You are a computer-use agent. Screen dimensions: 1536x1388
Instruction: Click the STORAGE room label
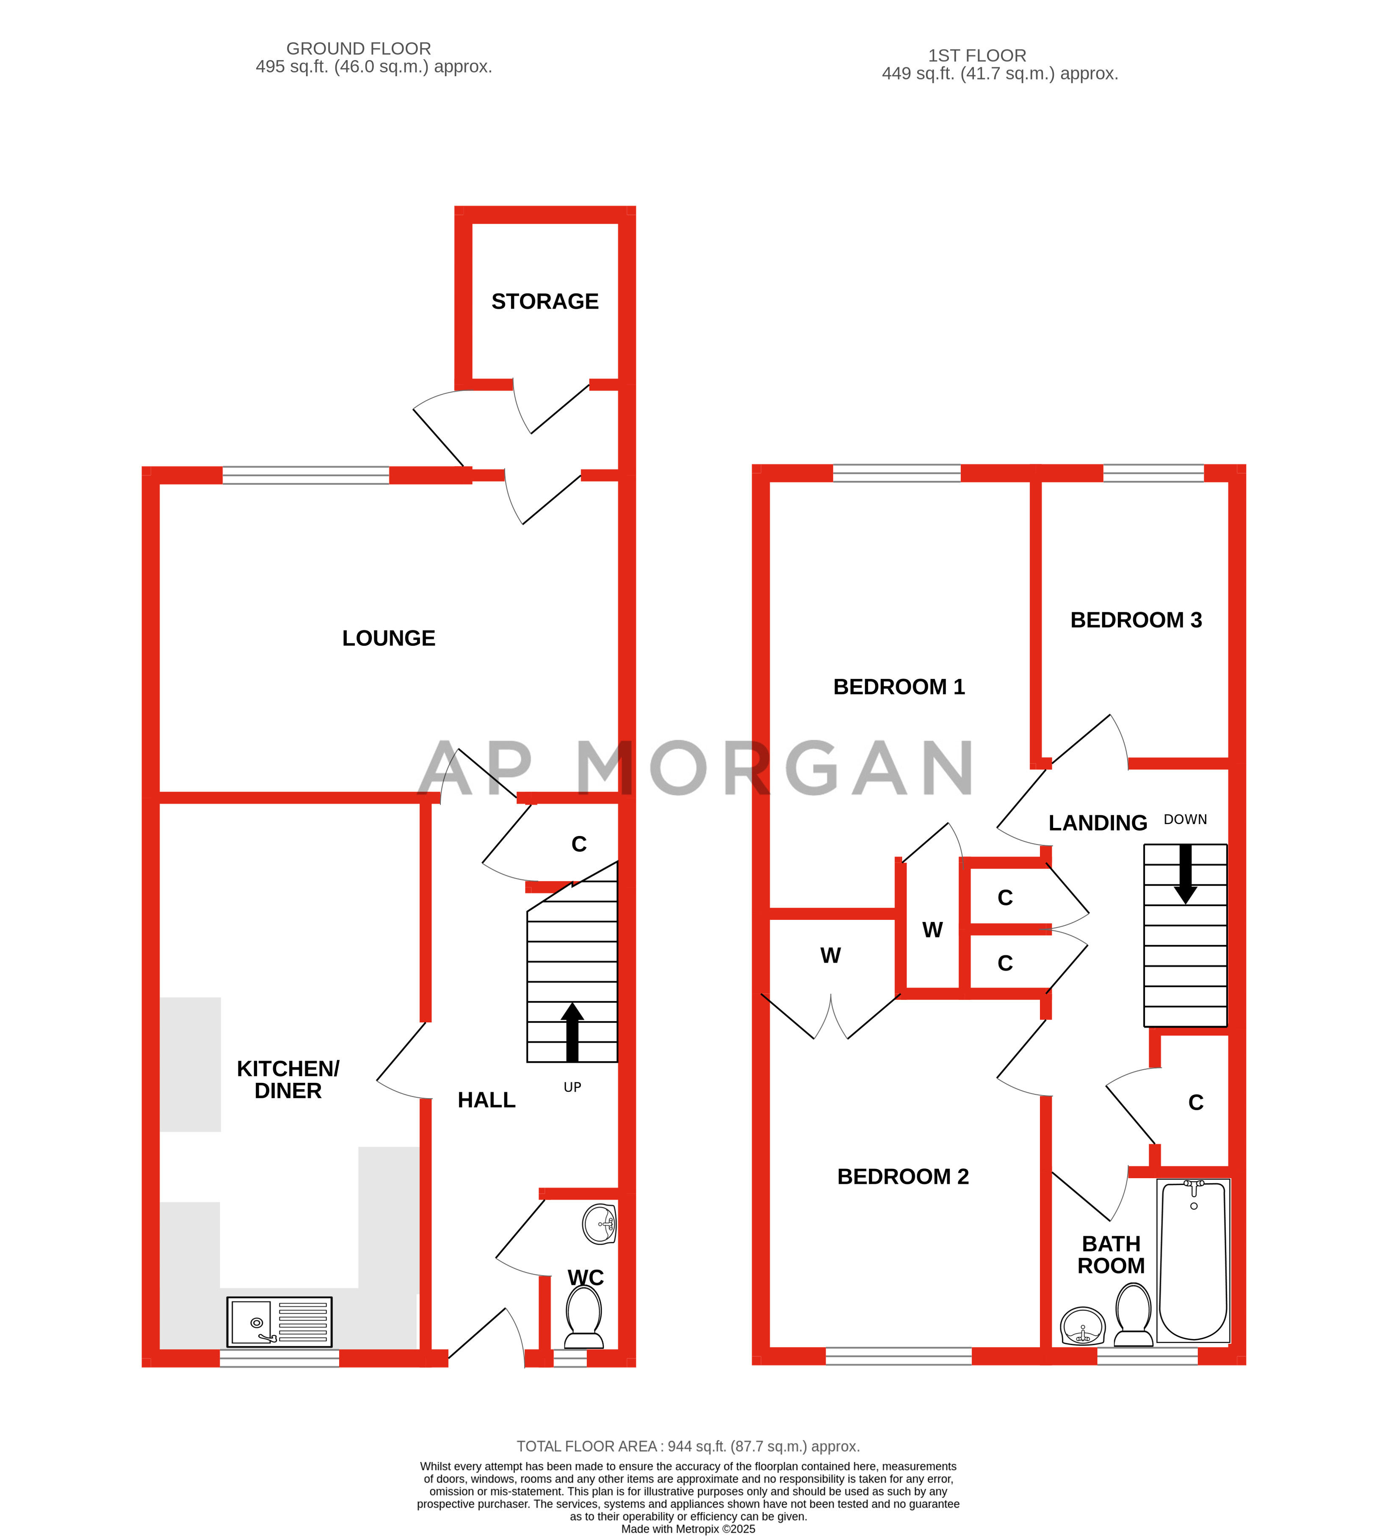pyautogui.click(x=545, y=302)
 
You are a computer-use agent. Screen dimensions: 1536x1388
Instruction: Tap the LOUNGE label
pyautogui.click(x=389, y=639)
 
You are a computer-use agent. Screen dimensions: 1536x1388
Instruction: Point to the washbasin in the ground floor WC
pyautogui.click(x=600, y=1224)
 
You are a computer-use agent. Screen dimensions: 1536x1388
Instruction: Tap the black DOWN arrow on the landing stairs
pyautogui.click(x=1185, y=873)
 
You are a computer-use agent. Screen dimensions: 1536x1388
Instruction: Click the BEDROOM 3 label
pyautogui.click(x=1136, y=620)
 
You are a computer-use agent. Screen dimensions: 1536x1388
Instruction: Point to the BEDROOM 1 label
pyautogui.click(x=899, y=687)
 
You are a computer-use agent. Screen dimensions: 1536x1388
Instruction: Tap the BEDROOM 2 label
pyautogui.click(x=903, y=1177)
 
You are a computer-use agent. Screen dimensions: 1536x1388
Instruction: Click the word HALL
pyautogui.click(x=486, y=1100)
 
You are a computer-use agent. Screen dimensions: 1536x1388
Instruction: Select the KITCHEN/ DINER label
pyautogui.click(x=288, y=1079)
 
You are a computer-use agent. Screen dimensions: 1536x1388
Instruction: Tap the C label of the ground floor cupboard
pyautogui.click(x=579, y=844)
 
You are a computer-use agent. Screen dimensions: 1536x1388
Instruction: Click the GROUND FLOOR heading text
pyautogui.click(x=359, y=49)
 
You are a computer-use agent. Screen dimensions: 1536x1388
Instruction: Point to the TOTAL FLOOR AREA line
pyautogui.click(x=688, y=1446)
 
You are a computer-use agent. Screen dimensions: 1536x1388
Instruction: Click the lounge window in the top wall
pyautogui.click(x=305, y=476)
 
